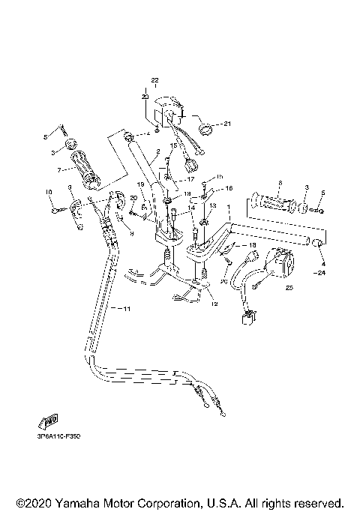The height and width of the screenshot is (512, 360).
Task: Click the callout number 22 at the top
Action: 155,80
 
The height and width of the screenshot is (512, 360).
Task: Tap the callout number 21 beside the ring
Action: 228,124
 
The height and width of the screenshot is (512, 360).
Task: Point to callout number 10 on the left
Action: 49,192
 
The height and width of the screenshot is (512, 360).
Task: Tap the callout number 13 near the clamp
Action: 211,205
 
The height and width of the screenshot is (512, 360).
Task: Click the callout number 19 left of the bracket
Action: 139,184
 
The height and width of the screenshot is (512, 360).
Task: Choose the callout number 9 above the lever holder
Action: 69,186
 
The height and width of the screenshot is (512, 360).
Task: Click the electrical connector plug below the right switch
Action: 245,320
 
